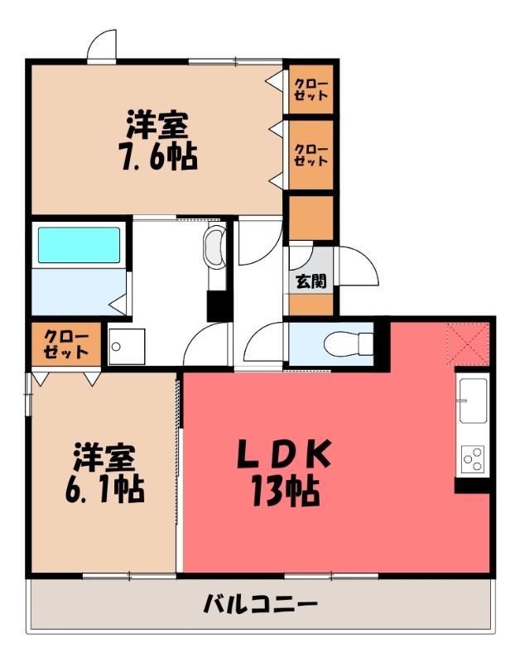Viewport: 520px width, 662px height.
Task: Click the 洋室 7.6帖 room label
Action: click(x=159, y=141)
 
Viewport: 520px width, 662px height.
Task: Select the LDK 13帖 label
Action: click(x=284, y=473)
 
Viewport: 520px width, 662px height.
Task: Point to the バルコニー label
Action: click(x=260, y=604)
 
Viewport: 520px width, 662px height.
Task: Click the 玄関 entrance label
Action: click(x=311, y=281)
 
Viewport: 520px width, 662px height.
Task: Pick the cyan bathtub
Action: click(x=79, y=245)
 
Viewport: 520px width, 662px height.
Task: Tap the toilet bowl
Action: click(x=349, y=343)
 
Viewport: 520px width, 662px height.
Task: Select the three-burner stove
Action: click(x=473, y=459)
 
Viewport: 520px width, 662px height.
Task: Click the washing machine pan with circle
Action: click(x=127, y=347)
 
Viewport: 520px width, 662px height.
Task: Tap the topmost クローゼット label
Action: click(x=311, y=89)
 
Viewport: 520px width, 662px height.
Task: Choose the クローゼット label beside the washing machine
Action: click(x=66, y=344)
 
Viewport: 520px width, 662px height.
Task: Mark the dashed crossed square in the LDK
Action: click(x=469, y=343)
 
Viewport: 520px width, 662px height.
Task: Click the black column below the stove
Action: click(x=472, y=485)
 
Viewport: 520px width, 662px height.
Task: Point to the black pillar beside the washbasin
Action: click(x=219, y=305)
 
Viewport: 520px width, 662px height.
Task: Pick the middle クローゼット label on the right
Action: click(x=311, y=155)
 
